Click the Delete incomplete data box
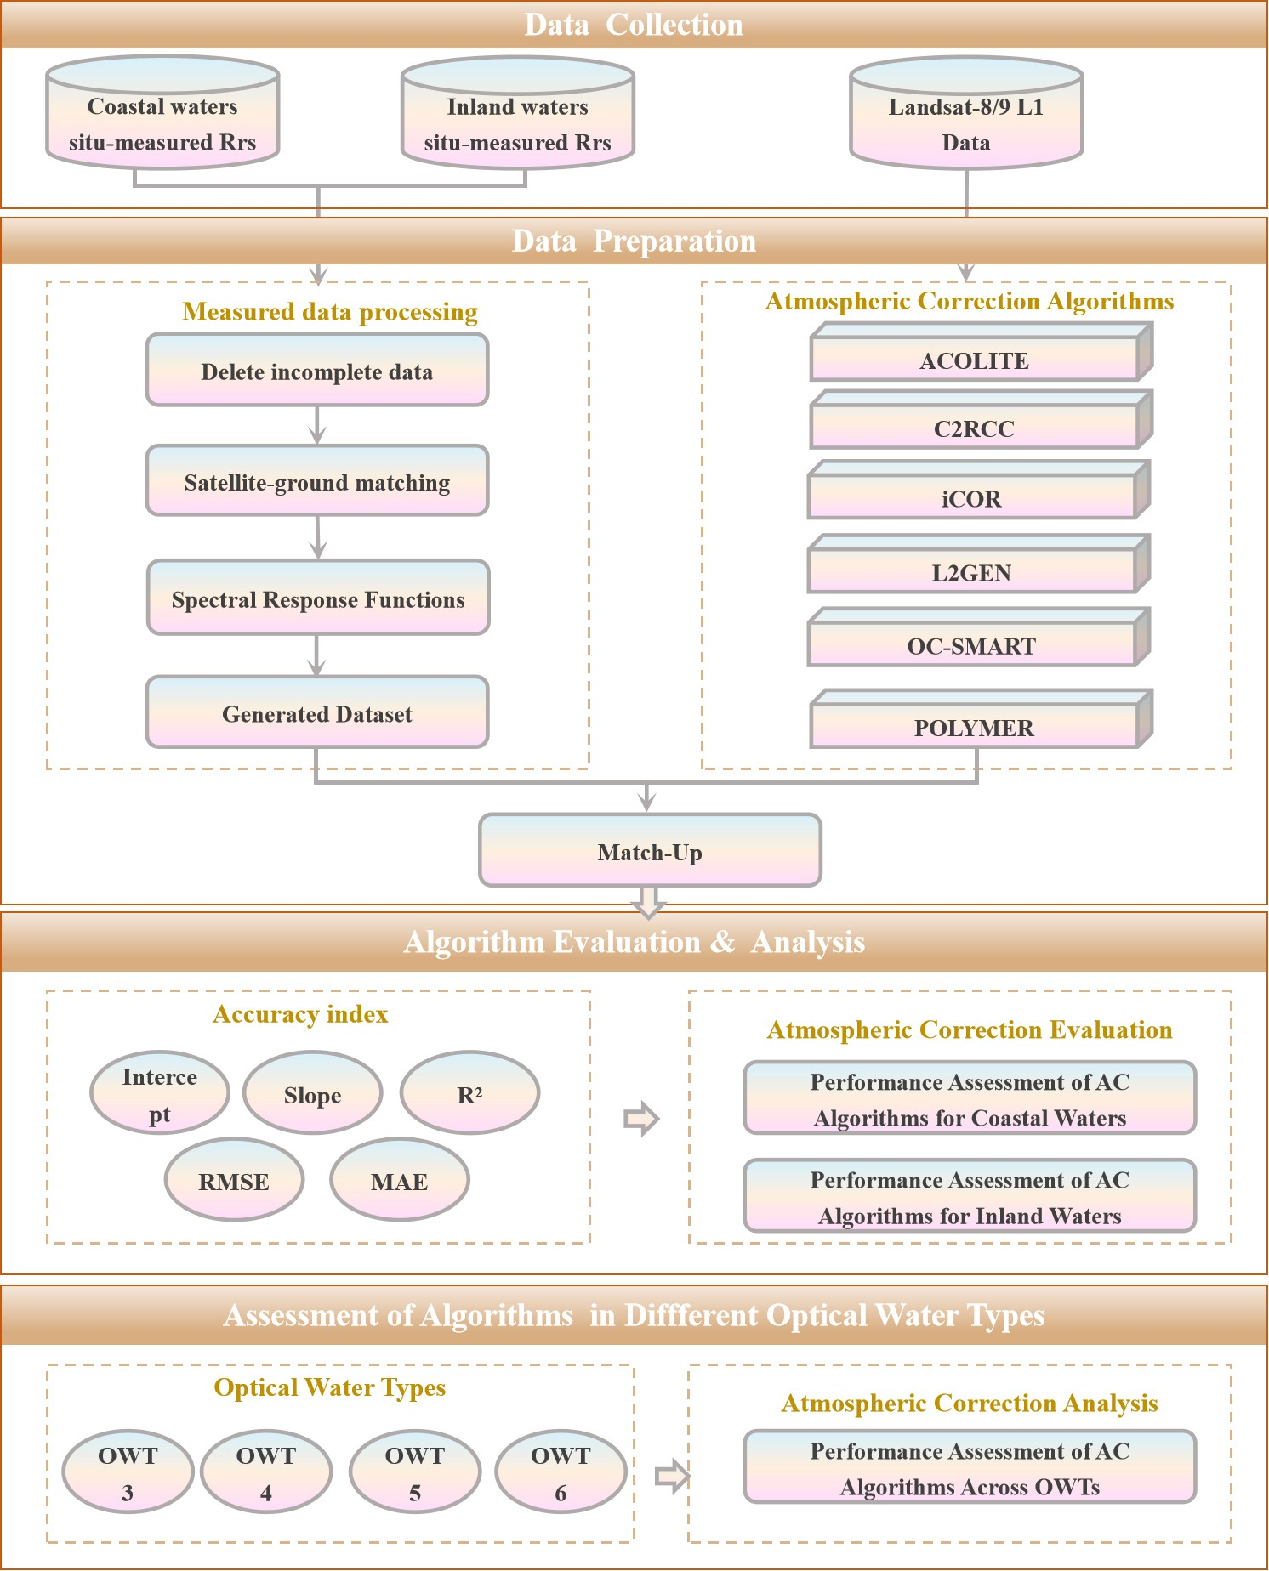(317, 371)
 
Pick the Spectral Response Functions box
(318, 598)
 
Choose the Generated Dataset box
(317, 713)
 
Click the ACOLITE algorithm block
(975, 360)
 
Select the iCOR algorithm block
(971, 498)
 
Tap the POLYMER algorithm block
(975, 728)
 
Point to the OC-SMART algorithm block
(971, 645)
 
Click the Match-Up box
(650, 851)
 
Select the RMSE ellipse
(234, 1181)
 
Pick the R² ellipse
(469, 1094)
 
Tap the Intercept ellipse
(160, 1094)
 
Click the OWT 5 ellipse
(415, 1472)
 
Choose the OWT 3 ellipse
(128, 1472)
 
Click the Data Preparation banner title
(634, 241)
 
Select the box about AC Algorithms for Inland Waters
(970, 1197)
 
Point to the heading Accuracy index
(300, 1014)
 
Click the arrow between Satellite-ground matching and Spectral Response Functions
(318, 537)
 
